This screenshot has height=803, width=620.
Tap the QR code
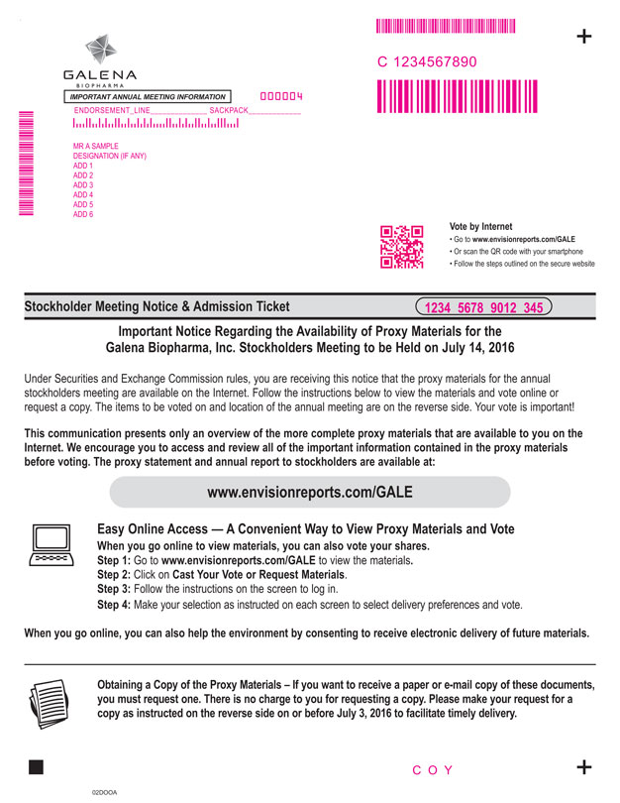point(401,247)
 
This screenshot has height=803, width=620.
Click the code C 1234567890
point(428,62)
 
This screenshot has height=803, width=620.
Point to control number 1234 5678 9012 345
point(484,307)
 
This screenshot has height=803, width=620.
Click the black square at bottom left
point(38,766)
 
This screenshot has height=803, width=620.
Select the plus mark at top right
point(584,37)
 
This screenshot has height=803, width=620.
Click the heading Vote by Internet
point(481,227)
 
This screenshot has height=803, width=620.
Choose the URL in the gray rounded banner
point(309,492)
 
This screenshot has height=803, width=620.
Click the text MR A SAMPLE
point(96,147)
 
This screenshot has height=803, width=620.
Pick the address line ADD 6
point(83,214)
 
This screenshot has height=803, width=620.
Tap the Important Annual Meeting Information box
point(148,96)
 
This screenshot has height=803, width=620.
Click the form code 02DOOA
point(103,793)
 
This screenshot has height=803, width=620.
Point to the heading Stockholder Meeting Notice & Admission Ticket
point(157,307)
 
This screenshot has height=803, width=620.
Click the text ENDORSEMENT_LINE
point(113,110)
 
